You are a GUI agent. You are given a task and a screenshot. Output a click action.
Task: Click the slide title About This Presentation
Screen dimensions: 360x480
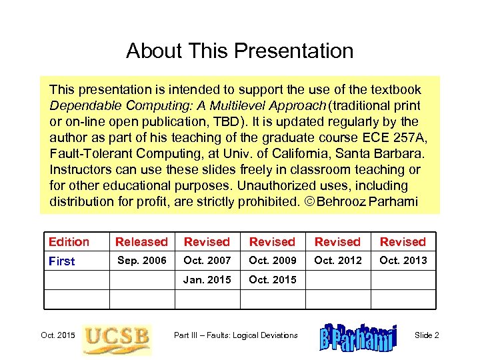tap(239, 51)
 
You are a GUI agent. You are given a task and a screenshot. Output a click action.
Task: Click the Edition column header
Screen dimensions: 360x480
tap(69, 242)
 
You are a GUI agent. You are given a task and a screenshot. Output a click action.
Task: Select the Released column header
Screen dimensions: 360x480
tap(141, 242)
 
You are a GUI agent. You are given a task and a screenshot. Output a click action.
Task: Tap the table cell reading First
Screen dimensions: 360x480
tap(62, 261)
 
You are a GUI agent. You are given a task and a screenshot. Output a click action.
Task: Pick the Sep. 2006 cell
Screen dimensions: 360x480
tap(141, 261)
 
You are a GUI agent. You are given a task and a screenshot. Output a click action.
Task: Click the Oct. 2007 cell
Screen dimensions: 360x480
tap(207, 261)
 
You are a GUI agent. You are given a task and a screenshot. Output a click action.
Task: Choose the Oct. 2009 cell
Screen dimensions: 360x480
tap(272, 261)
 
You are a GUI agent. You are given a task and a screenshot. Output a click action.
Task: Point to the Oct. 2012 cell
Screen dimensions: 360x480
tap(337, 261)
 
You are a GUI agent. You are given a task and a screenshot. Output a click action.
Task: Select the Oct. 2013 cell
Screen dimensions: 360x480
tap(403, 261)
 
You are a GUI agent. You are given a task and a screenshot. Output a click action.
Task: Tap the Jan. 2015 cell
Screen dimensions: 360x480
tap(207, 280)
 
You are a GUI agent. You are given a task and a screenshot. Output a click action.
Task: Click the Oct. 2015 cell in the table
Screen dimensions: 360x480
tap(272, 280)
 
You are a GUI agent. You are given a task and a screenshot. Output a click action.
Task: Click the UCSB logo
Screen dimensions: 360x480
tap(116, 339)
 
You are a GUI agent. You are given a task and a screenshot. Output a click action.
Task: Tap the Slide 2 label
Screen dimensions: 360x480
tap(427, 335)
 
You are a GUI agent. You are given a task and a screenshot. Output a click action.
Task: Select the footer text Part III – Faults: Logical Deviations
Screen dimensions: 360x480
tap(235, 335)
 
